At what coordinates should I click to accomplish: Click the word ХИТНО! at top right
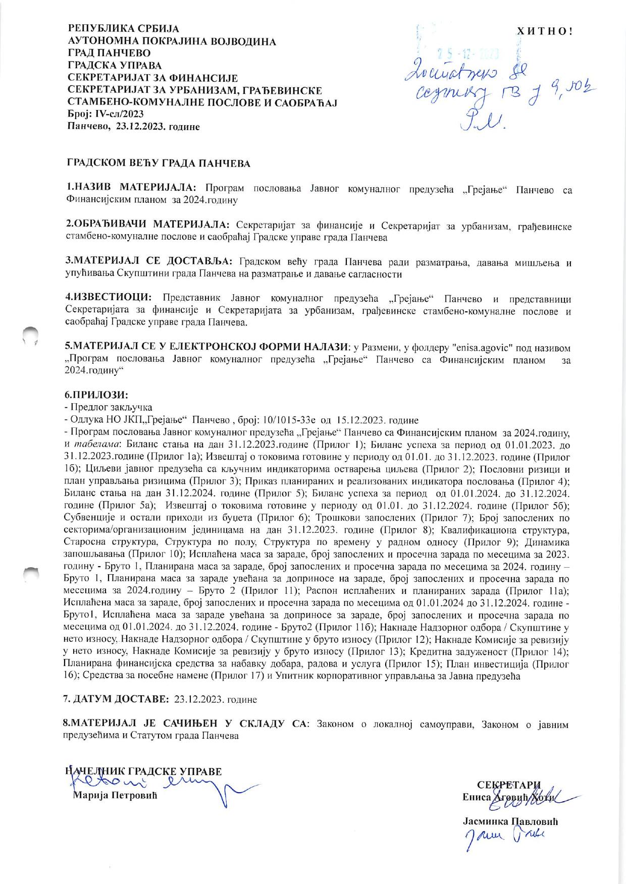click(545, 31)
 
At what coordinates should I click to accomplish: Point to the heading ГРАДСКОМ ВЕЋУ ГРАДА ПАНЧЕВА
click(159, 163)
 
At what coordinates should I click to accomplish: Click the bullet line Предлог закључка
click(111, 407)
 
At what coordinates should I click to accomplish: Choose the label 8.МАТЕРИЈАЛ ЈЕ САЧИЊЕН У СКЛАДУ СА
click(184, 725)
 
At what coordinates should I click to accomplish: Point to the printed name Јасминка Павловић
click(510, 821)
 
